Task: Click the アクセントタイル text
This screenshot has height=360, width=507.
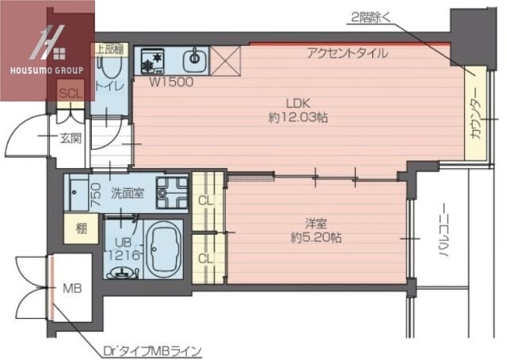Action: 348,54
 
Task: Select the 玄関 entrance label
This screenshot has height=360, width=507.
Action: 70,139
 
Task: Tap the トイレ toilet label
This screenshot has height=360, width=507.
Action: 107,84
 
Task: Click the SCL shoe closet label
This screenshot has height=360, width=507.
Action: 69,94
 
